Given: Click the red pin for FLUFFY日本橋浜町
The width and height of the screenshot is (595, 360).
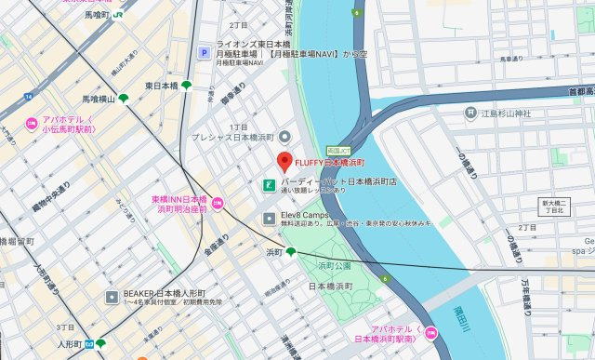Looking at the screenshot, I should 284,158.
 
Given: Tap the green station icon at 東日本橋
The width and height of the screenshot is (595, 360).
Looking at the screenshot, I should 187,86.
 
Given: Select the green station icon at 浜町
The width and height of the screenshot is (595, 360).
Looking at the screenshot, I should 291,252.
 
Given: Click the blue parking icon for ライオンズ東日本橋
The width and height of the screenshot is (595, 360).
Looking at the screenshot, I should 202,53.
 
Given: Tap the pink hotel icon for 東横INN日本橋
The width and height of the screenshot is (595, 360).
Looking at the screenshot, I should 217,203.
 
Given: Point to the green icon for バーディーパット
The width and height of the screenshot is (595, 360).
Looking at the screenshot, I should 268,182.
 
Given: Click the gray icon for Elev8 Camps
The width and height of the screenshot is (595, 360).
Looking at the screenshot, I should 268,219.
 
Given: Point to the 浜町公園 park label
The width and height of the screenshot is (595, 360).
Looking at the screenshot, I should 333,266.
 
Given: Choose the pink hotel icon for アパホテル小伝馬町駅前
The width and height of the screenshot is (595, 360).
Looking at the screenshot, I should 31,122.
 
